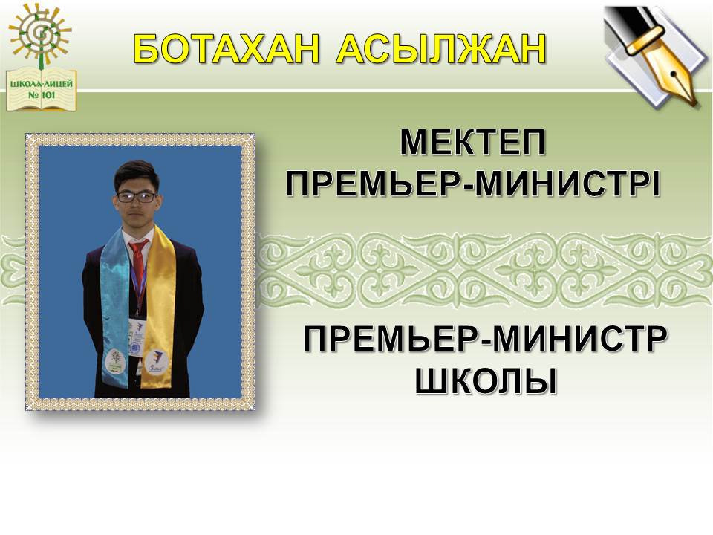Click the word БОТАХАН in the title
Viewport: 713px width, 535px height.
click(226, 49)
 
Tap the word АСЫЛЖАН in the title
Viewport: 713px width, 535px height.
click(440, 49)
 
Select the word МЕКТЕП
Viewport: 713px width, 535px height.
click(472, 143)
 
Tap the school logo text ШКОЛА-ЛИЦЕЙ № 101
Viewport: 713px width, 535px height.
click(42, 90)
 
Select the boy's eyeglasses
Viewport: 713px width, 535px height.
click(137, 197)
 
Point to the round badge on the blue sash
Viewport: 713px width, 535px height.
click(116, 359)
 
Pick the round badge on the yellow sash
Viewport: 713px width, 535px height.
click(157, 360)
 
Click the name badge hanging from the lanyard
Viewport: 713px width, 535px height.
click(137, 337)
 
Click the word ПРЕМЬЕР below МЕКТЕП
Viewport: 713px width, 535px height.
click(376, 184)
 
